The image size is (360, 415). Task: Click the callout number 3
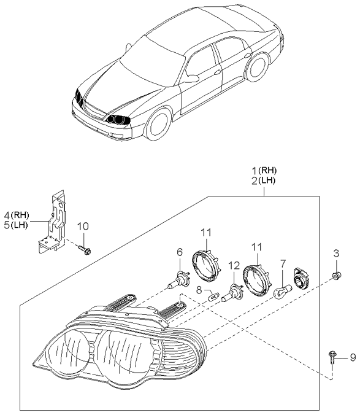[x=336, y=254]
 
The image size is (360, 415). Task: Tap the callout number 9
[x=353, y=358]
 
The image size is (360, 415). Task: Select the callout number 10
[x=83, y=227]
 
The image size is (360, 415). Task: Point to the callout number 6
[x=180, y=252]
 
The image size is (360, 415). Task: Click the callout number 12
[x=234, y=265]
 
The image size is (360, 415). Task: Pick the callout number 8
[x=199, y=290]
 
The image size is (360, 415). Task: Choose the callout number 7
[x=283, y=263]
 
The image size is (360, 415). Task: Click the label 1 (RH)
[x=264, y=170]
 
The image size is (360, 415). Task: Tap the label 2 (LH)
[x=264, y=180]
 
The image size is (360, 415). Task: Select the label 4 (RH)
[x=17, y=215]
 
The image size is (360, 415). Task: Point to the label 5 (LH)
[x=16, y=225]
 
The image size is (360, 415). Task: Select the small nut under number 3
[x=337, y=276]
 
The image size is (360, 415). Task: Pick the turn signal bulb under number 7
[x=283, y=291]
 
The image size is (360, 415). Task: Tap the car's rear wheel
[x=257, y=67]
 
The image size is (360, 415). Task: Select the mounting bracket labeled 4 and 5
[x=52, y=222]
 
